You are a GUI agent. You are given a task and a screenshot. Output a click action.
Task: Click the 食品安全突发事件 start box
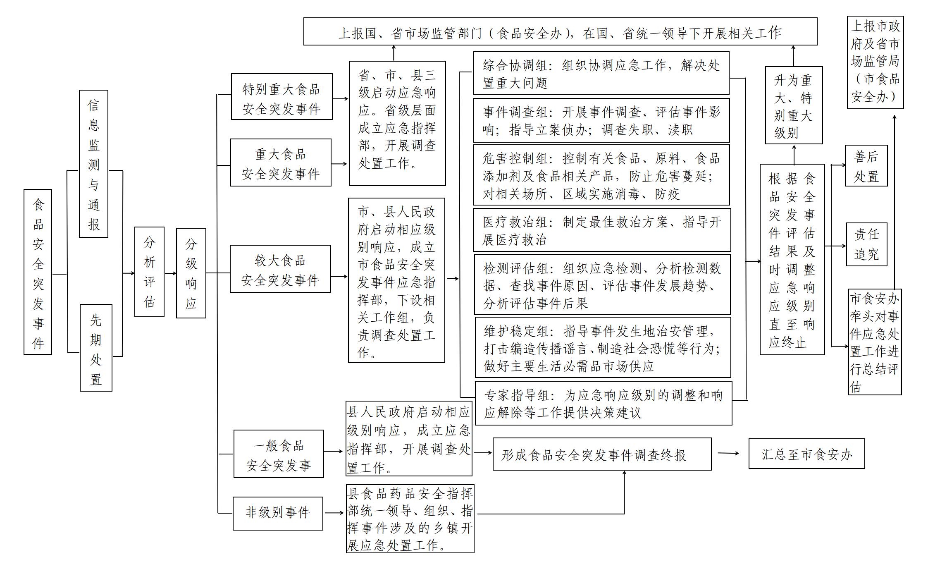click(x=38, y=272)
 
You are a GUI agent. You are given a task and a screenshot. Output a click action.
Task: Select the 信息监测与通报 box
click(x=93, y=164)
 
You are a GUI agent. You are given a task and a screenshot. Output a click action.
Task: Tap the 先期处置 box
click(x=96, y=348)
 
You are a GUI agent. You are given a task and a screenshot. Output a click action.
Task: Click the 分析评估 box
click(x=149, y=272)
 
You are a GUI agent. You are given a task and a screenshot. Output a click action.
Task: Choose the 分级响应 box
click(x=191, y=273)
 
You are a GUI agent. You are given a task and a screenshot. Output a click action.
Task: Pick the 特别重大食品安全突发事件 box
click(x=282, y=97)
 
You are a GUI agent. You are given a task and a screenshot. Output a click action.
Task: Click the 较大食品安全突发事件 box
click(x=280, y=269)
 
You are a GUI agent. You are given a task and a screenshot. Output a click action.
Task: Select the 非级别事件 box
click(x=278, y=513)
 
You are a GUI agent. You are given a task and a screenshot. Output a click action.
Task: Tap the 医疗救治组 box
click(x=601, y=230)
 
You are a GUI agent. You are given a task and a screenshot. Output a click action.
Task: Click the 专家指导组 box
click(x=603, y=403)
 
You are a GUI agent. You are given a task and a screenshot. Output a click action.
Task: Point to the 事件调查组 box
click(x=601, y=120)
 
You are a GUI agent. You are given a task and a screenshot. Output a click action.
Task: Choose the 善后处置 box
click(x=866, y=165)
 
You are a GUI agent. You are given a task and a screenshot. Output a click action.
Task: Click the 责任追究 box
click(x=866, y=244)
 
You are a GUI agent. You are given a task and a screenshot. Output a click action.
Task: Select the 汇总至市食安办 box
click(x=806, y=454)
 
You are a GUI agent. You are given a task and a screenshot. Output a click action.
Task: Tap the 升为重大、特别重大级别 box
click(x=794, y=105)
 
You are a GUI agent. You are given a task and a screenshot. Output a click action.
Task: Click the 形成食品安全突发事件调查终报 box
click(x=602, y=454)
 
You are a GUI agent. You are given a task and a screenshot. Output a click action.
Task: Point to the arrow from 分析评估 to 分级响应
click(x=170, y=273)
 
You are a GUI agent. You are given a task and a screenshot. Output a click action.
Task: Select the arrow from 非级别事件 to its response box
click(x=334, y=513)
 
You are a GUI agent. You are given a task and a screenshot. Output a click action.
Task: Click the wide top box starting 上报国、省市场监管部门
click(x=560, y=31)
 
